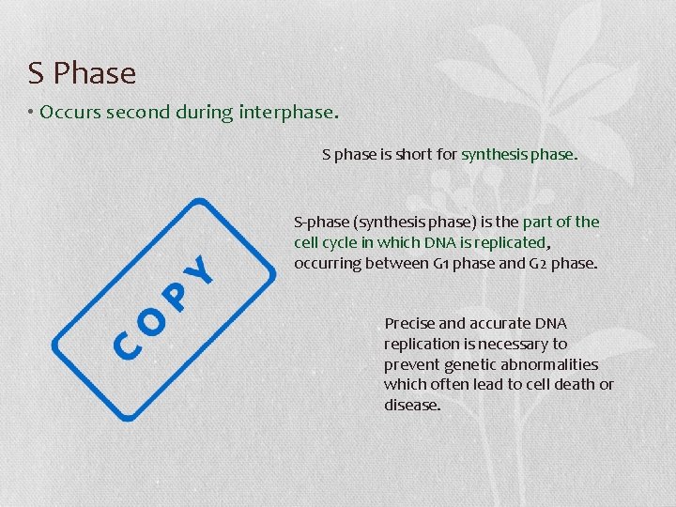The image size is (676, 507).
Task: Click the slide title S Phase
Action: pos(82,73)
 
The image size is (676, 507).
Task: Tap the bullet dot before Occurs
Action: pos(31,113)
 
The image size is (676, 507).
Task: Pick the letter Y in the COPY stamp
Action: pos(202,270)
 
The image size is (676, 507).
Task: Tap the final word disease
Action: pos(411,406)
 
